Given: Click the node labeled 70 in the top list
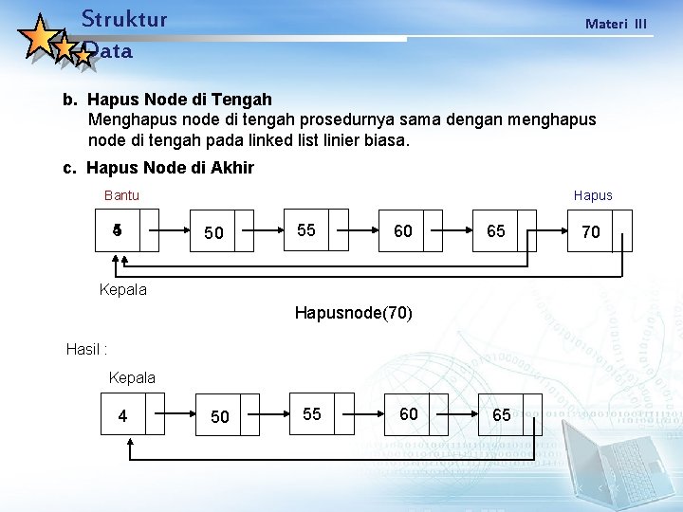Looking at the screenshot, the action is (x=591, y=231).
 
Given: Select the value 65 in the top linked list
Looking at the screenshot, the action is (x=496, y=230).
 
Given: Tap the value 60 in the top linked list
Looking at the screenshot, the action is (x=403, y=230).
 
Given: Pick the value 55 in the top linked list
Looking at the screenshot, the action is (x=306, y=230).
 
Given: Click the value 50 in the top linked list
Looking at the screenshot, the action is (x=214, y=233).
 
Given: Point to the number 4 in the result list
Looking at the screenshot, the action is (x=122, y=415).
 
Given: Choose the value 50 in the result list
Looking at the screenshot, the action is (x=219, y=417).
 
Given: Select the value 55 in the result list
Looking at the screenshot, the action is (x=312, y=414).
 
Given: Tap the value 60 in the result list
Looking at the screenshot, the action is (x=409, y=413).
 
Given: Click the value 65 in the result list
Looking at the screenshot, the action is (x=501, y=414).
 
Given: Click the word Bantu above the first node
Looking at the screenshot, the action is (x=121, y=195).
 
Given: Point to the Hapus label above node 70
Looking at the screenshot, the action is (x=593, y=195).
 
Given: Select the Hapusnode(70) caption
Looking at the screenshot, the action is (x=354, y=312).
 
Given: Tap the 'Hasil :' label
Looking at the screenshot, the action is (x=86, y=349).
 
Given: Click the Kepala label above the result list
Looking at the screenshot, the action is (x=132, y=377).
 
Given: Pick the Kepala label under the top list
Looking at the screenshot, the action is (x=123, y=289).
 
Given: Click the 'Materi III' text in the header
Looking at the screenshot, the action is (x=616, y=23).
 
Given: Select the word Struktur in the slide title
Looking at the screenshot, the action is (x=124, y=19).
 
